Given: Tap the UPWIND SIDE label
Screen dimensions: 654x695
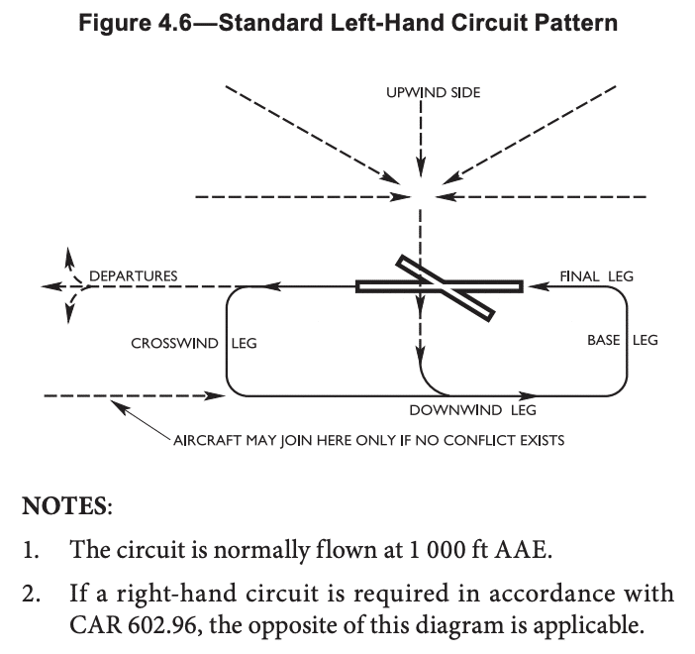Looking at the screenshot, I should point(433,92).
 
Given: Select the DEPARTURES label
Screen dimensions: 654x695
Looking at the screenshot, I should point(134,275).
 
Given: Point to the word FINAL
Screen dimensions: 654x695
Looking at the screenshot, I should point(579,276).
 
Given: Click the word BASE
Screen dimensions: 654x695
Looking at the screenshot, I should point(604,340).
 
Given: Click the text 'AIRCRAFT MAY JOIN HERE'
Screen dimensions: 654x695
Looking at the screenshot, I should point(257,439).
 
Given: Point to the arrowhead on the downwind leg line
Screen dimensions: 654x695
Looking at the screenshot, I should point(529,394).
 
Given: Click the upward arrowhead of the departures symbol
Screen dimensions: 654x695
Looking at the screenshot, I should point(68,254).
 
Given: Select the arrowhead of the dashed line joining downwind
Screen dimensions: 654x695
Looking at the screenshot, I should point(219,395).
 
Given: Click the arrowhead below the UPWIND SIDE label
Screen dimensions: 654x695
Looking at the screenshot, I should point(423,169).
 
